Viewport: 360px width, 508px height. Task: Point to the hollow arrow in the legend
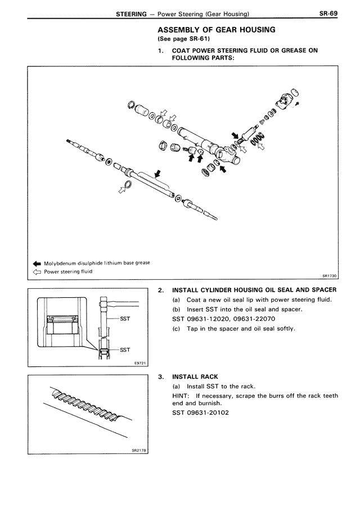pos(37,271)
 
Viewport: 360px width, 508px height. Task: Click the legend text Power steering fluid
pos(69,271)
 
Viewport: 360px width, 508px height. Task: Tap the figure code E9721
pos(141,364)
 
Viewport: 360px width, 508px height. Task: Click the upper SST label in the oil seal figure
pos(125,321)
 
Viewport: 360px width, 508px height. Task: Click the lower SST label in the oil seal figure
pos(124,350)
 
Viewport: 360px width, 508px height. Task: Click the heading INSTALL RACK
pos(195,377)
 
